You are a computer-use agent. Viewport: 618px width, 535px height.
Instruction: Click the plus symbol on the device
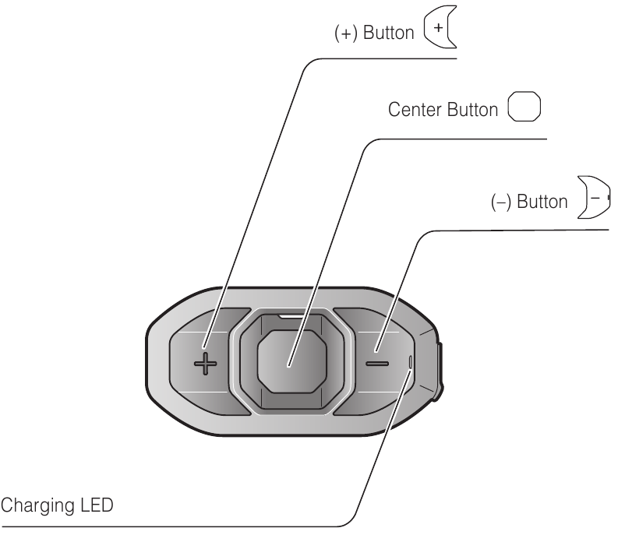point(205,364)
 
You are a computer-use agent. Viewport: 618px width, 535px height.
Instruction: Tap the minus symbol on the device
point(377,363)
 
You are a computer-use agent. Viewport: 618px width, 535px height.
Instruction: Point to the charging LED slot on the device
point(411,361)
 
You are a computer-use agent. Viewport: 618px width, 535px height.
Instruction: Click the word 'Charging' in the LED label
point(37,506)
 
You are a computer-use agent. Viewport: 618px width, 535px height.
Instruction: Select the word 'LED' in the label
point(97,505)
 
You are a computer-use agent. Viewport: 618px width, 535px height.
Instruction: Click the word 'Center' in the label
point(415,110)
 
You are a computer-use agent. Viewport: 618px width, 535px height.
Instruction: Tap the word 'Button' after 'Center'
point(473,110)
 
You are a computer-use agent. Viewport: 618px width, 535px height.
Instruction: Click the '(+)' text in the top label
point(346,33)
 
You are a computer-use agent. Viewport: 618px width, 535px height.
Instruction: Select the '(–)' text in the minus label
point(501,202)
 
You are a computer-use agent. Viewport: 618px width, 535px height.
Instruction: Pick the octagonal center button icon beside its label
point(524,107)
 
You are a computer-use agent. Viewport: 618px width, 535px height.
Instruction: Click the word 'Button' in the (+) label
point(389,33)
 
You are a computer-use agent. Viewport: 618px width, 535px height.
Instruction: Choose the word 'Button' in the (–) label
point(542,202)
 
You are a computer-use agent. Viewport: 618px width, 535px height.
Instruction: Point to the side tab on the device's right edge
point(440,371)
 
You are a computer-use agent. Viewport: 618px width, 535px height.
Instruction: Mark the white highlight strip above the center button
point(291,316)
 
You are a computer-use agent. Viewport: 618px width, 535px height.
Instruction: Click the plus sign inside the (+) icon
point(438,27)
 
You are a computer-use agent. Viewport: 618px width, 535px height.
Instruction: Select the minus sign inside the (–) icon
point(595,198)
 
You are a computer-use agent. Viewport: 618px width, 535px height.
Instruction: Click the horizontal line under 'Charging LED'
point(169,526)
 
